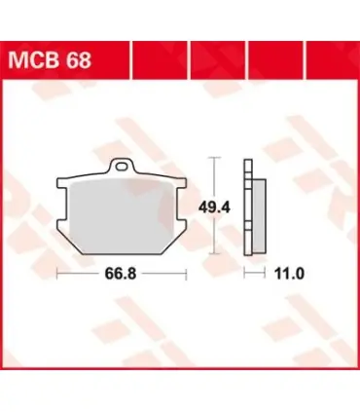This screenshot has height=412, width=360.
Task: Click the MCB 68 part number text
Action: coord(50,60)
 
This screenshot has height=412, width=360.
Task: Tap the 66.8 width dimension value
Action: coord(121,274)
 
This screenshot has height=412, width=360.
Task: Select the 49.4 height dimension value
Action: coord(214,207)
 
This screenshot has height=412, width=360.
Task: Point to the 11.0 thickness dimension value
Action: coord(289,274)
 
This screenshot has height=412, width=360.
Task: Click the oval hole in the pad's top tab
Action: coord(122,167)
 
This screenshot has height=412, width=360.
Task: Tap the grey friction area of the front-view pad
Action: coord(122,217)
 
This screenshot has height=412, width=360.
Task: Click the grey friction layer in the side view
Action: coord(260,215)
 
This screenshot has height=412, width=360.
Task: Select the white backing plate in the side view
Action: coord(248,207)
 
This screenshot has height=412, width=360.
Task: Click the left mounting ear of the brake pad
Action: coord(63,204)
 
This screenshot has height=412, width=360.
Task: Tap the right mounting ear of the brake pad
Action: coord(180,204)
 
